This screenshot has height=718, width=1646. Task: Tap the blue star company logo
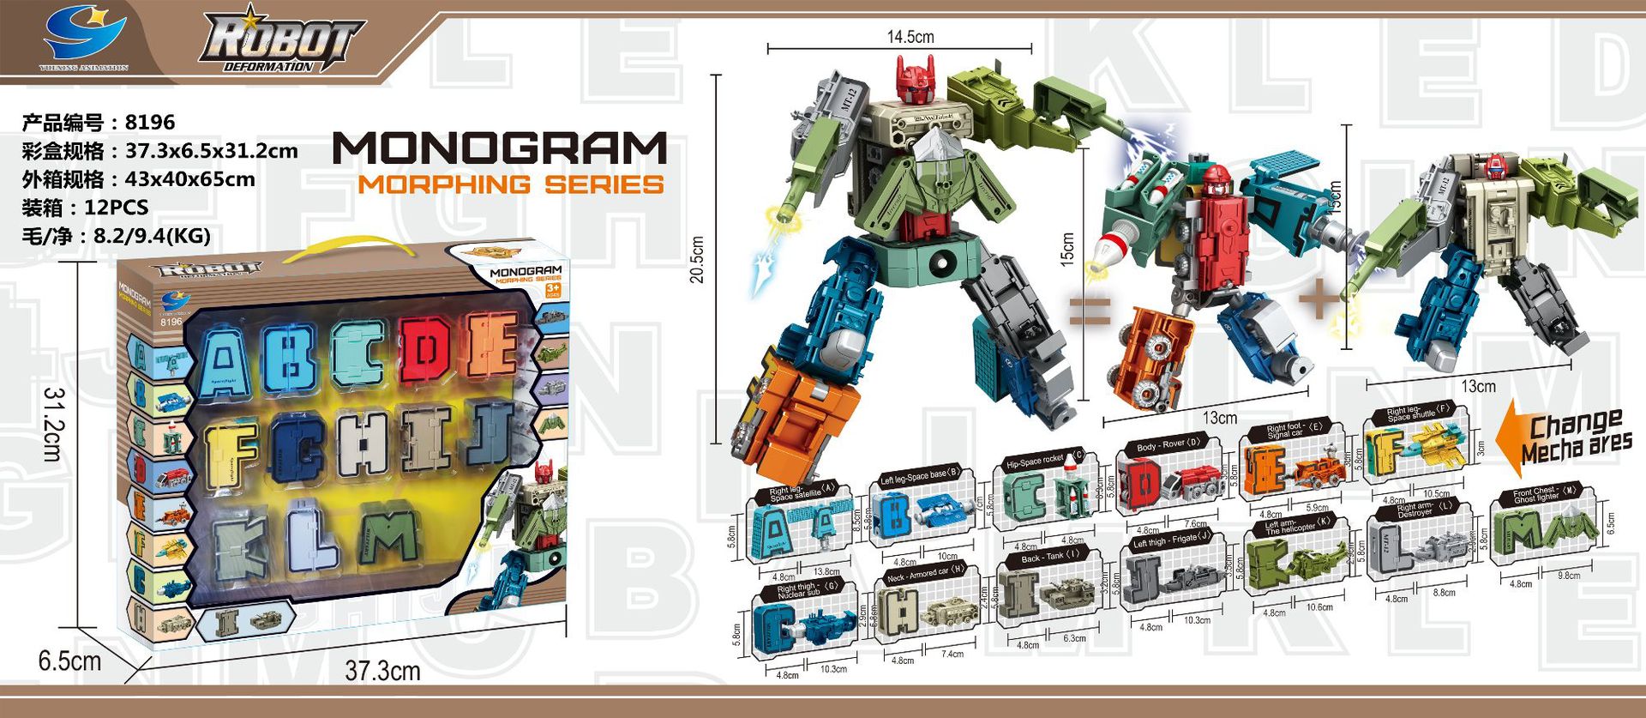click(x=85, y=35)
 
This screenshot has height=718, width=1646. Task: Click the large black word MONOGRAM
click(x=500, y=148)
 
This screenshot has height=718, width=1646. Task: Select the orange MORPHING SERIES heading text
click(x=511, y=184)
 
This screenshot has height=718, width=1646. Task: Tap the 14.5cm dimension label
click(x=910, y=37)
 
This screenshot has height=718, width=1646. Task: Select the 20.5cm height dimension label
click(x=697, y=259)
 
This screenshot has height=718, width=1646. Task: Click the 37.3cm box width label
click(x=382, y=671)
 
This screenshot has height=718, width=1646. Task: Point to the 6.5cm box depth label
click(x=69, y=661)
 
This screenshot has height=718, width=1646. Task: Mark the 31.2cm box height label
click(x=54, y=424)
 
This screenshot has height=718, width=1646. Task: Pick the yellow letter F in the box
click(x=231, y=455)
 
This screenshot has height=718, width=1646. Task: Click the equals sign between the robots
click(x=1090, y=311)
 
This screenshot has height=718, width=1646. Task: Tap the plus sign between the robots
click(x=1319, y=300)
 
